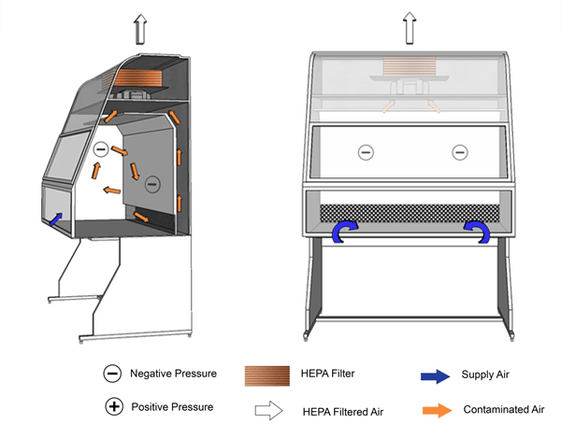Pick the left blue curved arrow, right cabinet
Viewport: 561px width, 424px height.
pos(345,232)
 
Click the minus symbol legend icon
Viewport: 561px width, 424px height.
pos(112,374)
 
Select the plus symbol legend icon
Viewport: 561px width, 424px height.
pos(112,407)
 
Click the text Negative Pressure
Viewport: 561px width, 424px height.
pos(173,374)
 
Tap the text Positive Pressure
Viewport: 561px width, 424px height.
pos(172,407)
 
